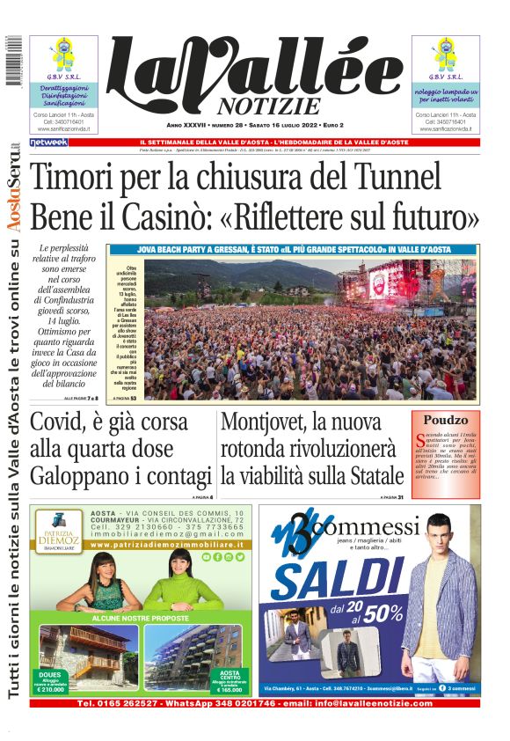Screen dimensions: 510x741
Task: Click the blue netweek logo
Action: click(48, 142)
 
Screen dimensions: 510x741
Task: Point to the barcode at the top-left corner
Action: click(13, 61)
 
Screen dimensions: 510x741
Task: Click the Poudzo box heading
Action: click(445, 421)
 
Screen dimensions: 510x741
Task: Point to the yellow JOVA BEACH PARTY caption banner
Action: click(293, 250)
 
